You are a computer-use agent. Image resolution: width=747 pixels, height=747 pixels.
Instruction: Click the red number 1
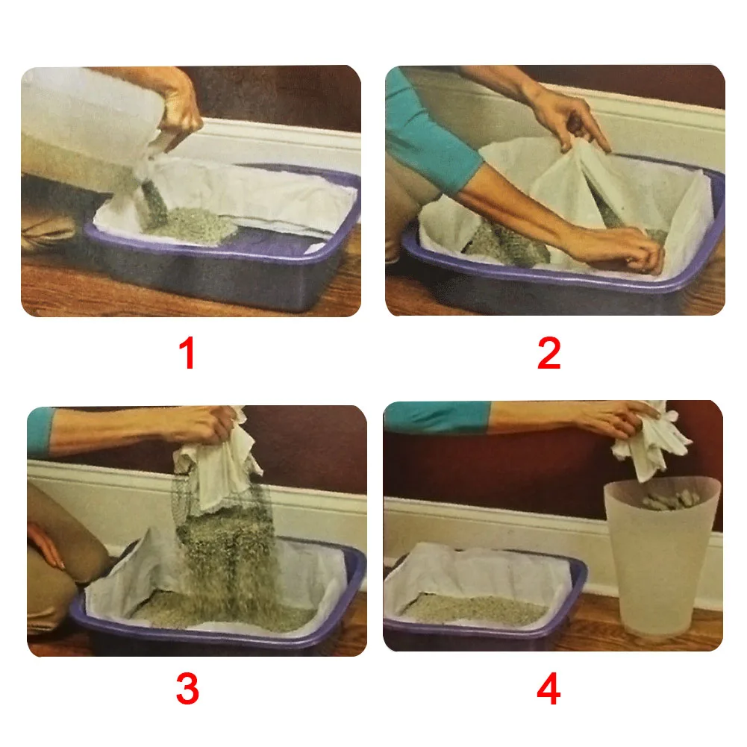pyautogui.click(x=188, y=352)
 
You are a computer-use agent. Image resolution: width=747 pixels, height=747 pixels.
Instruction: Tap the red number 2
pyautogui.click(x=548, y=352)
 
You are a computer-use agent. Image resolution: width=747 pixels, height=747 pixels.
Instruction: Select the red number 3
pyautogui.click(x=187, y=688)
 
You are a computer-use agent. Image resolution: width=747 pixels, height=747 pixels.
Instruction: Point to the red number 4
pyautogui.click(x=548, y=688)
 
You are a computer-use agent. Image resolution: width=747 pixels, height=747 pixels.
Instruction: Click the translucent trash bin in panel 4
pyautogui.click(x=661, y=557)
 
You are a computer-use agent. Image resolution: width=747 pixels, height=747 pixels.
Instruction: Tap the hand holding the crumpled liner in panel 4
pyautogui.click(x=619, y=419)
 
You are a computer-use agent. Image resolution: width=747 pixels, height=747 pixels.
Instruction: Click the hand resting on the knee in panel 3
pyautogui.click(x=46, y=543)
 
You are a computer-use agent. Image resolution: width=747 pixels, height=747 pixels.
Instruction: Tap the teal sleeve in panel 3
pyautogui.click(x=41, y=431)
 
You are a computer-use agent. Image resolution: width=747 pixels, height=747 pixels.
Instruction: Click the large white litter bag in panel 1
pyautogui.click(x=90, y=114)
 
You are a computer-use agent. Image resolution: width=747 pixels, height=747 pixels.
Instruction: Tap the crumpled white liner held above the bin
pyautogui.click(x=650, y=441)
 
